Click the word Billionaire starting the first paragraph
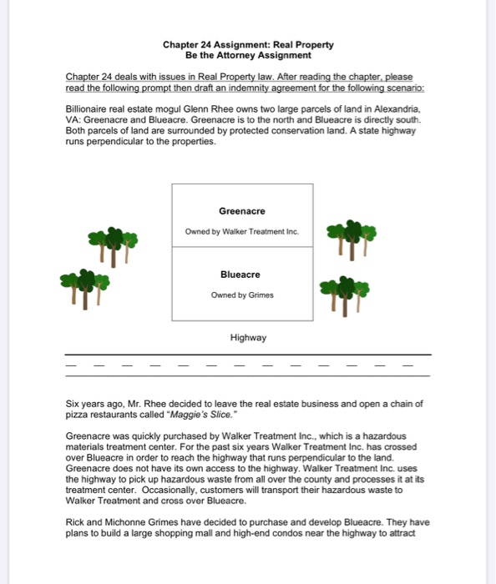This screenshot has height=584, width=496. [x=86, y=109]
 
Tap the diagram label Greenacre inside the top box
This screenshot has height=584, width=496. [x=241, y=212]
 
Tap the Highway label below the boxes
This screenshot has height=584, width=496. [x=248, y=338]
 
